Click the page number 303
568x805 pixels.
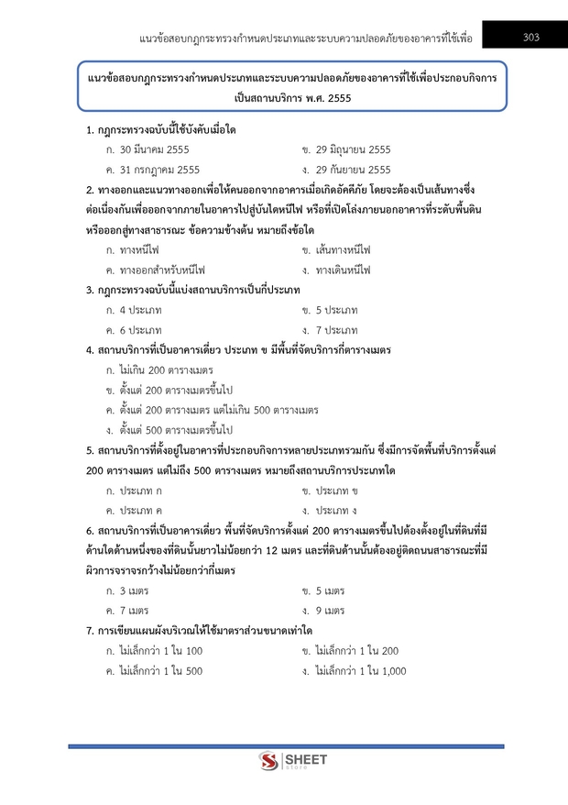(530, 38)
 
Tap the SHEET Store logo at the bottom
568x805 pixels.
(284, 761)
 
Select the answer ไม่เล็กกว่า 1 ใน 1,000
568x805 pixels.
(359, 670)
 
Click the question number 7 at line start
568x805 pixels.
(88, 631)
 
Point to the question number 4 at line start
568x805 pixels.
(88, 350)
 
